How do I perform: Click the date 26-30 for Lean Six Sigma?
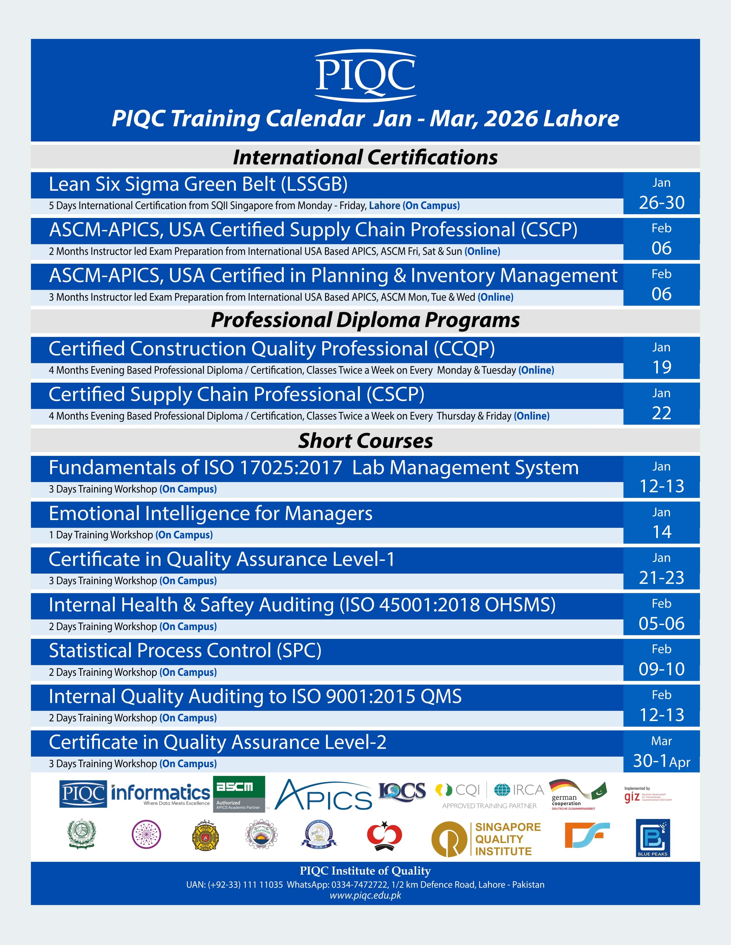(661, 202)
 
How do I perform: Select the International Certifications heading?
(365, 157)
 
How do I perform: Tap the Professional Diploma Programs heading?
(365, 320)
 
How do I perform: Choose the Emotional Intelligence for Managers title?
(210, 514)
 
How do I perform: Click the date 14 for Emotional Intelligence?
(661, 532)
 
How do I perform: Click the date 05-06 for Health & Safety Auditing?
(661, 623)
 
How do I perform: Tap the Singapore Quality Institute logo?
(486, 839)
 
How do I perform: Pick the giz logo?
(647, 795)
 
